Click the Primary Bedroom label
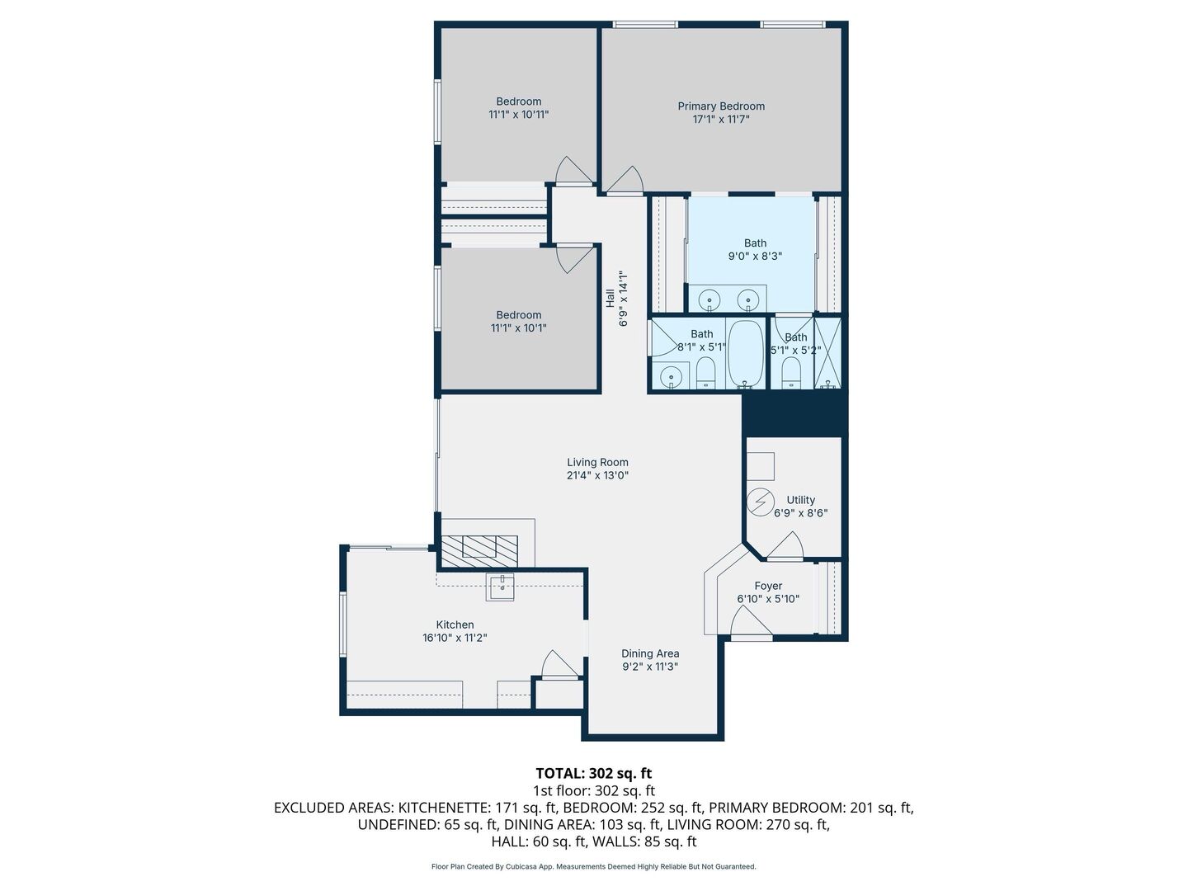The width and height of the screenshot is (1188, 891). (x=721, y=106)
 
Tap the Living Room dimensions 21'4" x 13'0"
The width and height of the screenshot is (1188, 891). (x=598, y=475)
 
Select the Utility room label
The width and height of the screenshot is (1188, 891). (x=800, y=499)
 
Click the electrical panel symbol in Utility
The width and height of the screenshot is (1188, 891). (x=761, y=502)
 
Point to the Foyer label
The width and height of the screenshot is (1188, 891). (x=768, y=586)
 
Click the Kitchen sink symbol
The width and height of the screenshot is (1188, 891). (x=501, y=587)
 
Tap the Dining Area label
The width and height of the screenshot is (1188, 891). (x=650, y=653)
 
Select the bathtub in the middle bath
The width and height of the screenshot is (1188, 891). (x=746, y=354)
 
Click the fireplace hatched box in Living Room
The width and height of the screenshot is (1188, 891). (x=479, y=549)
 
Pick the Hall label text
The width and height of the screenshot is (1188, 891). (x=610, y=298)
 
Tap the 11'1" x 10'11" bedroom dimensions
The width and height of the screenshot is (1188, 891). (x=518, y=115)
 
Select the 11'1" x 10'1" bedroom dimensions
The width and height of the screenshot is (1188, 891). (x=518, y=328)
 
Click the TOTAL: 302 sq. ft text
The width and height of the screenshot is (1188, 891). (x=593, y=773)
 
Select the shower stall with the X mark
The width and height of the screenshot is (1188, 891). (x=827, y=353)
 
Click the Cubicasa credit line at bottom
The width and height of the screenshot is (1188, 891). (x=593, y=866)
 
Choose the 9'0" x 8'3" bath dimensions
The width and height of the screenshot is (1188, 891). (x=755, y=256)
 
